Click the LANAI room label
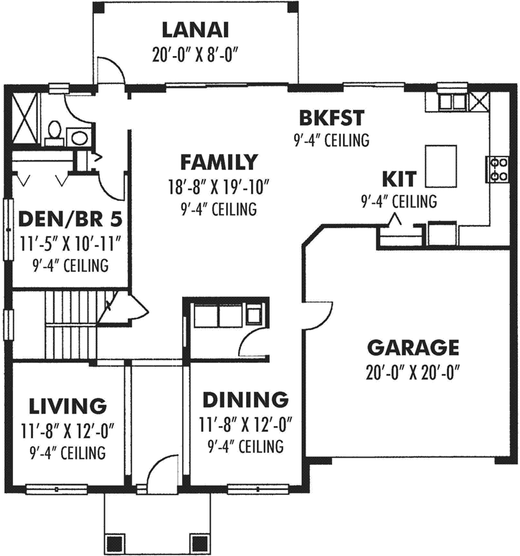tap(194, 30)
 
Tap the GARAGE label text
tap(412, 348)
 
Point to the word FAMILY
tap(218, 161)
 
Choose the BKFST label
tap(331, 117)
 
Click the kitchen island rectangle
tap(441, 166)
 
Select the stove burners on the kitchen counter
tap(498, 169)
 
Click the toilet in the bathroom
tap(54, 132)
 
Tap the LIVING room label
tap(68, 406)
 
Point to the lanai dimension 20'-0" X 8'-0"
tap(194, 54)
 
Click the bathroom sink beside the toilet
tap(80, 138)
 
